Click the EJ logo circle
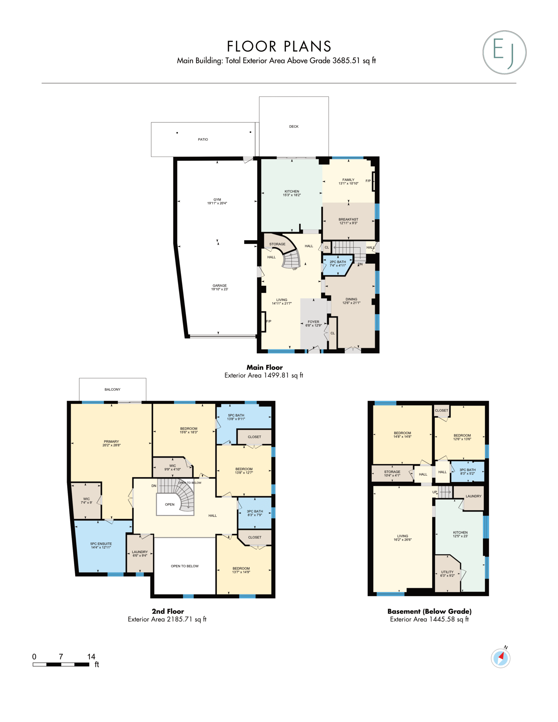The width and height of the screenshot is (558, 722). pyautogui.click(x=504, y=52)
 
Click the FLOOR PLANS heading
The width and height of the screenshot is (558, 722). pyautogui.click(x=279, y=46)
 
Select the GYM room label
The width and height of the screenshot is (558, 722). pyautogui.click(x=217, y=200)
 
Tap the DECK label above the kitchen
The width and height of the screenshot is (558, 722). pyautogui.click(x=294, y=127)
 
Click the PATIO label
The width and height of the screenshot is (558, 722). pyautogui.click(x=203, y=140)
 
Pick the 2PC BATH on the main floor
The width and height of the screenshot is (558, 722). pyautogui.click(x=336, y=265)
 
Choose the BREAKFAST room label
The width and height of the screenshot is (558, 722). pyautogui.click(x=348, y=219)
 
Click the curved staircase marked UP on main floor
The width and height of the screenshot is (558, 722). pyautogui.click(x=292, y=259)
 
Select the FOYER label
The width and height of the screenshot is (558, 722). pyautogui.click(x=313, y=322)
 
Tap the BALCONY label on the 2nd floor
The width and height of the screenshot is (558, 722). pyautogui.click(x=113, y=389)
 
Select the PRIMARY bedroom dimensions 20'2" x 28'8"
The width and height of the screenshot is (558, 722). pyautogui.click(x=111, y=445)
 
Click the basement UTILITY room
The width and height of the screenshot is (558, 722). pyautogui.click(x=447, y=574)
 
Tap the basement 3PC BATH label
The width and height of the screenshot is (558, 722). pyautogui.click(x=467, y=470)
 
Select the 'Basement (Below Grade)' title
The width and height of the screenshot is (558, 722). pyautogui.click(x=429, y=611)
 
